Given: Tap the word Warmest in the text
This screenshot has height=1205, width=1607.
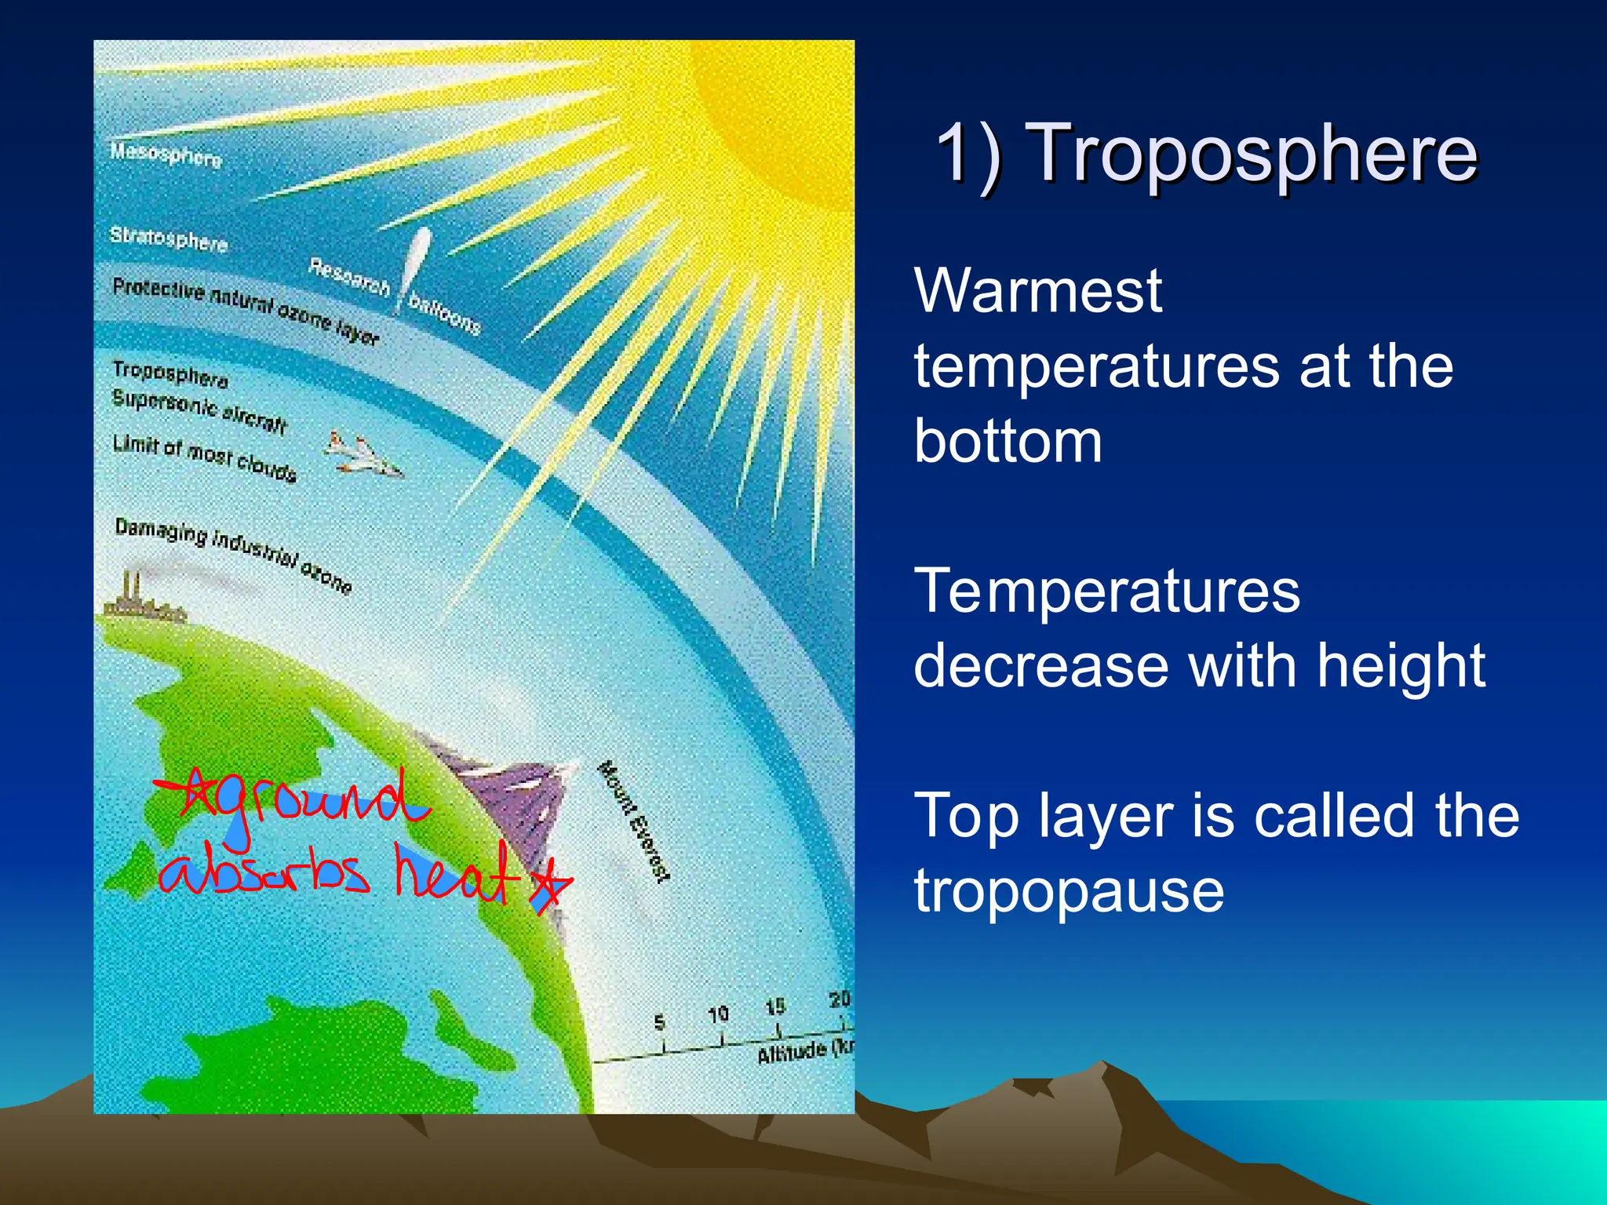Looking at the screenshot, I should [x=1037, y=291].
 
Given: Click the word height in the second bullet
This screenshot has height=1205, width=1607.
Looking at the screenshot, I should [x=1401, y=666].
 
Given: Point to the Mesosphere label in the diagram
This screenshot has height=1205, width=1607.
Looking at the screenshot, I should [x=166, y=155].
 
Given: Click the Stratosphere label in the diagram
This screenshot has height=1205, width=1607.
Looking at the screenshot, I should [x=169, y=238].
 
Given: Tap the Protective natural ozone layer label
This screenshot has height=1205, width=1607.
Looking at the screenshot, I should [x=246, y=311].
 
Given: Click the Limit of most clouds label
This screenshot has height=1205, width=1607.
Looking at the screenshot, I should [x=204, y=457].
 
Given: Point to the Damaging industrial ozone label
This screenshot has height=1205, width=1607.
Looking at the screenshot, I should [x=233, y=554].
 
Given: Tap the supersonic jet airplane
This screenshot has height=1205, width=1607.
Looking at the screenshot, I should [x=363, y=454].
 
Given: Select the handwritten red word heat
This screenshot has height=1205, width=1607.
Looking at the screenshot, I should [x=455, y=875].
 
